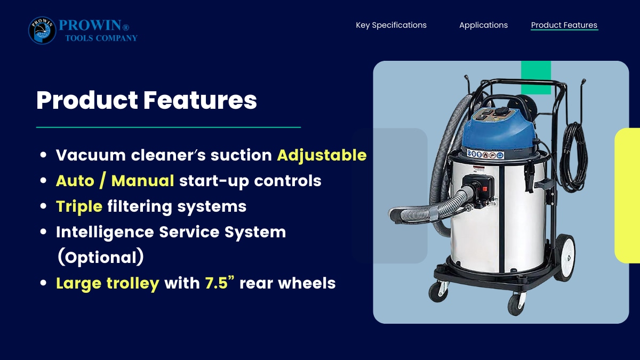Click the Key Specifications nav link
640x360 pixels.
[x=391, y=25]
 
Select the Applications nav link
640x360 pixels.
[x=483, y=25]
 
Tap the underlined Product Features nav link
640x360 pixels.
[x=564, y=25]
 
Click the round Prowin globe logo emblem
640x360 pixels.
[x=42, y=30]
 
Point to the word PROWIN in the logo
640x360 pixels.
[x=90, y=25]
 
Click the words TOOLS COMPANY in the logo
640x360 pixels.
[x=101, y=38]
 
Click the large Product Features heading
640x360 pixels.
[x=147, y=100]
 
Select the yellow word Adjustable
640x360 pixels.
[x=322, y=156]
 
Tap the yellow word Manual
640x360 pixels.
[x=142, y=181]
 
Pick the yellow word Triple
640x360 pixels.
[x=79, y=207]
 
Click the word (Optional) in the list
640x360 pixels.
[x=101, y=257]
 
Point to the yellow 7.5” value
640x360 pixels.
[x=219, y=283]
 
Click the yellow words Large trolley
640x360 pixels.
[x=107, y=283]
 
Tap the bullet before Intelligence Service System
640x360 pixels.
[x=43, y=231]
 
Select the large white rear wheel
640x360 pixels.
[x=565, y=258]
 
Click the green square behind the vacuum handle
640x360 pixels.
[x=536, y=77]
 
